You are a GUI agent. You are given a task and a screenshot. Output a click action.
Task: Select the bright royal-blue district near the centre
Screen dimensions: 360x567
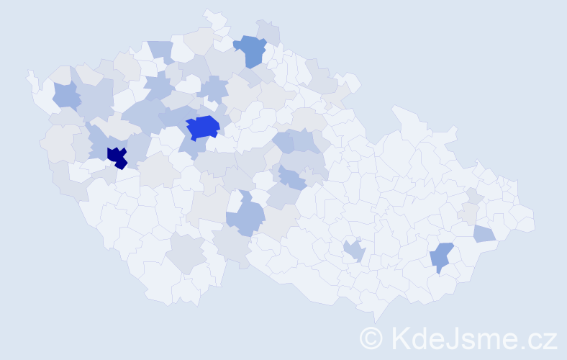203,127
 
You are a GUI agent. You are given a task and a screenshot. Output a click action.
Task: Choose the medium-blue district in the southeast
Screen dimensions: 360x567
442,256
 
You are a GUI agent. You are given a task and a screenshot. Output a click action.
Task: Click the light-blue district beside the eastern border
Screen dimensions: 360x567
484,233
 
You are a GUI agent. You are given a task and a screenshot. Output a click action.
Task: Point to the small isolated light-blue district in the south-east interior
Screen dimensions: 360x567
354,251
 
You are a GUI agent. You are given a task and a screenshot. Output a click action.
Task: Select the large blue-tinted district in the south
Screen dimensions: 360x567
246,217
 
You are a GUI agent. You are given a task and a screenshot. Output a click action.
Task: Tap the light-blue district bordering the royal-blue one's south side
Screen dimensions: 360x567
189,145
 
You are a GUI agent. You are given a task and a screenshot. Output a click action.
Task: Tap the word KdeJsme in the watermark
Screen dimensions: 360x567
452,338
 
